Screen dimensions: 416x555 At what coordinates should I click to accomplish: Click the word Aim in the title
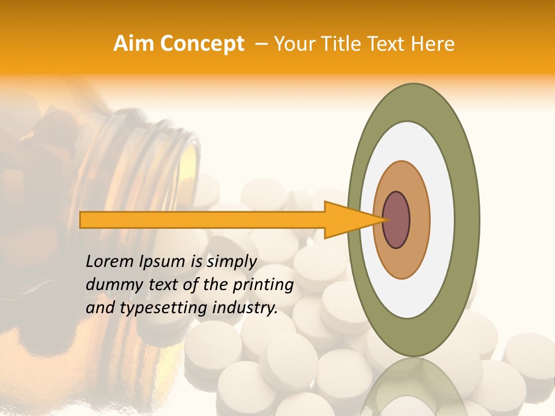135,44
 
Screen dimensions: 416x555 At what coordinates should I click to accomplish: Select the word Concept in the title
202,44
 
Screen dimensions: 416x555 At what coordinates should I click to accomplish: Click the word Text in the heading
388,44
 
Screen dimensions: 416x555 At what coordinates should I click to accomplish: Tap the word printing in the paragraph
263,285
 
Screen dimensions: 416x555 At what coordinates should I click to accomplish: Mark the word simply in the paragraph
231,262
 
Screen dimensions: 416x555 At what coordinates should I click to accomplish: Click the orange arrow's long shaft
202,220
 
